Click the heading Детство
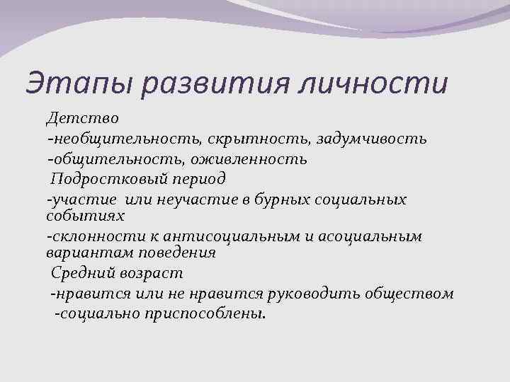coord(76,117)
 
